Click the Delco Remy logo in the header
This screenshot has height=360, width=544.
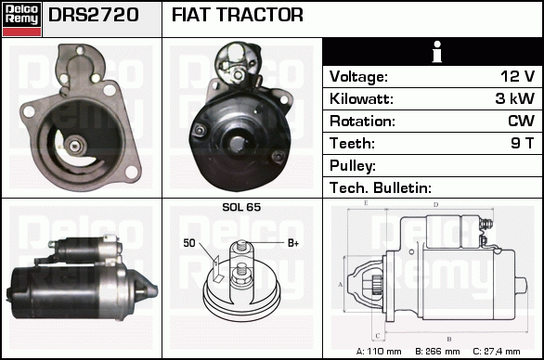(x=21, y=19)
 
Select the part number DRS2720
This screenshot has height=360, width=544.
(x=94, y=15)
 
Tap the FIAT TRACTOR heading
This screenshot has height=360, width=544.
(x=238, y=15)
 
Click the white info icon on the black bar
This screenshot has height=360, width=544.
(x=437, y=52)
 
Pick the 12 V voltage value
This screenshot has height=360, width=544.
(x=517, y=76)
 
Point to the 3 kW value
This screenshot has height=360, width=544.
(x=515, y=98)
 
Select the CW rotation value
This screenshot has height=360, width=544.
(x=521, y=121)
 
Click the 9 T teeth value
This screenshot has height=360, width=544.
(x=522, y=143)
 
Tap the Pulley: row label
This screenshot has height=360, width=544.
(x=353, y=166)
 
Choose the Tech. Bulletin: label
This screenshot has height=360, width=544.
(x=381, y=188)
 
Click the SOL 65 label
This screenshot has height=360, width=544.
(x=241, y=207)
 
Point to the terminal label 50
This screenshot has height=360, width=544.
(x=189, y=243)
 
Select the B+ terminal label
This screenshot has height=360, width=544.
(x=293, y=243)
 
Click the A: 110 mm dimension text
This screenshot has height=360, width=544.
(x=379, y=352)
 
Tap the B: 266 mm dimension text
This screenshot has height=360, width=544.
(x=437, y=352)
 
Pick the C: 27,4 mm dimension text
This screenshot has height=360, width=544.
(x=497, y=352)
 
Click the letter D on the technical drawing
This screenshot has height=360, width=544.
(x=436, y=205)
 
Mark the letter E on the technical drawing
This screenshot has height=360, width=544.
(x=366, y=203)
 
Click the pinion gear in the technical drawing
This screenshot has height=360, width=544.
(x=377, y=285)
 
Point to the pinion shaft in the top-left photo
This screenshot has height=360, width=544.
(x=74, y=146)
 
